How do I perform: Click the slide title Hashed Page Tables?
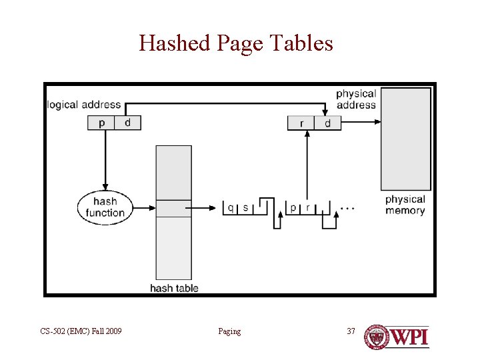236,43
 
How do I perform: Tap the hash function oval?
105,207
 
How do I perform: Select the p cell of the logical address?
101,123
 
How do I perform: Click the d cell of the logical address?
127,123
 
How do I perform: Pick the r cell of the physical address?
301,123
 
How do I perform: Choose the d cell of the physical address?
327,123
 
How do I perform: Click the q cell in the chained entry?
231,207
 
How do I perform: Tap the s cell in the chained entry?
245,207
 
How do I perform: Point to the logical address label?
84,105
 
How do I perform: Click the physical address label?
356,99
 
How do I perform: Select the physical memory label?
405,205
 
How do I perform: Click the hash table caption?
174,288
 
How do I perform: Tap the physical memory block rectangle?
405,139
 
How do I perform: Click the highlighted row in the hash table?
173,208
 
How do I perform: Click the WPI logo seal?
377,337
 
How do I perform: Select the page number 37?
351,331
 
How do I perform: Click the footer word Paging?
229,331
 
